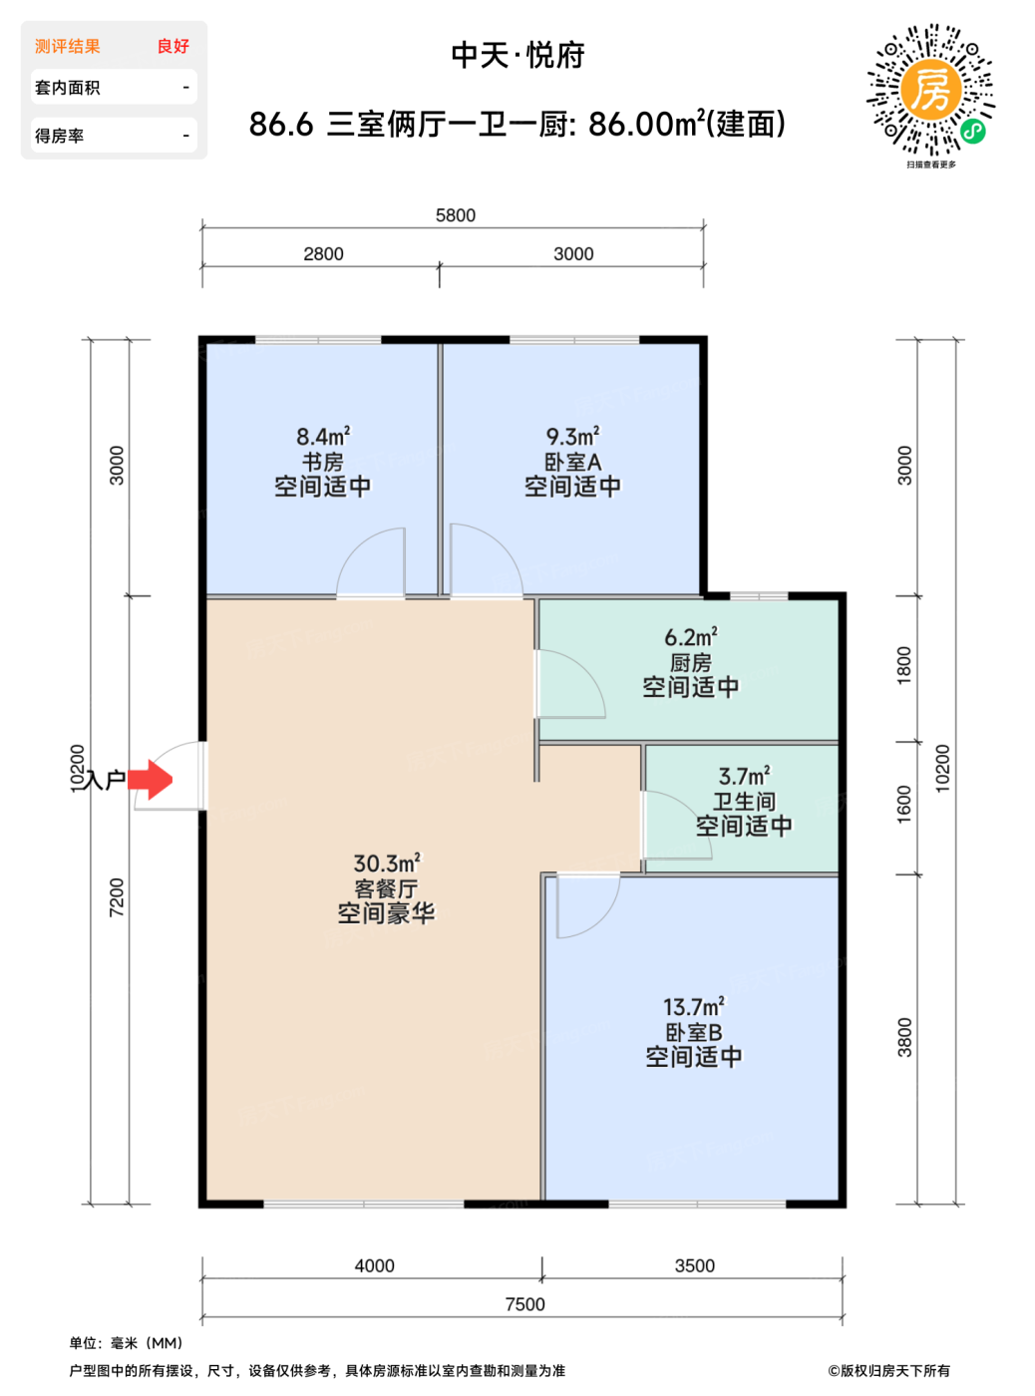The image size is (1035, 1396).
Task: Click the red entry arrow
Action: point(150,779)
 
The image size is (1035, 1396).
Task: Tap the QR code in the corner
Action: point(930,89)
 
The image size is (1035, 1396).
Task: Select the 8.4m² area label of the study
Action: point(323,436)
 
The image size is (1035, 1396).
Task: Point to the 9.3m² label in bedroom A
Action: point(573,436)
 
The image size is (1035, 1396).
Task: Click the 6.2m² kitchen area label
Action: point(691,637)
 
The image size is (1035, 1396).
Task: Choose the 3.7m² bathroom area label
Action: point(744,776)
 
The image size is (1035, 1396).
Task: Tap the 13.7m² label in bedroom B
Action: point(693,1006)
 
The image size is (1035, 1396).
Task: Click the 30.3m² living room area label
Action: point(387,863)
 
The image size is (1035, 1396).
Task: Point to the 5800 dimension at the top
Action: point(455,215)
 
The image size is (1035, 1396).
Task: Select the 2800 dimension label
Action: point(323,253)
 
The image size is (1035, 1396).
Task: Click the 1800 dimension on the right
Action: point(903,665)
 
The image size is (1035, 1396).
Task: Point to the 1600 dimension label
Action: point(903,804)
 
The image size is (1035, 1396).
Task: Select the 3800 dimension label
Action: point(903,1037)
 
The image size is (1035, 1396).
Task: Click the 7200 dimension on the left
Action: point(117,896)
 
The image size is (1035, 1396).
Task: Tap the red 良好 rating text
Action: point(173,46)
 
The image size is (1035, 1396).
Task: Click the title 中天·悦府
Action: point(518,56)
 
